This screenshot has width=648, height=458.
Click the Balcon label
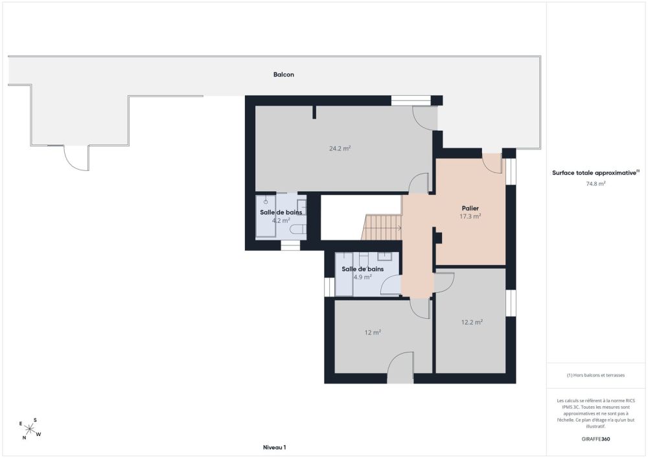(x=284, y=74)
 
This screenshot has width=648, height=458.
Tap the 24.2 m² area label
(x=340, y=148)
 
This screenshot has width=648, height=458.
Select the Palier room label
(x=470, y=209)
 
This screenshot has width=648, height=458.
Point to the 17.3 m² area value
(x=470, y=216)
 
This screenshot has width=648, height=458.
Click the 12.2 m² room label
(x=472, y=322)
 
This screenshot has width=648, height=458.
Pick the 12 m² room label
(x=373, y=332)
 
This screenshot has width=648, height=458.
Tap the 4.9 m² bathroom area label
(x=362, y=277)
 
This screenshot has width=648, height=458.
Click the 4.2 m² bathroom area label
(x=281, y=220)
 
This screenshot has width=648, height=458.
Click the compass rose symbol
(x=30, y=428)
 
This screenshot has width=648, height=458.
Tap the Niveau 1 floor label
(x=274, y=447)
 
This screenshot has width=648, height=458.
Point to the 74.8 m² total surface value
(x=596, y=184)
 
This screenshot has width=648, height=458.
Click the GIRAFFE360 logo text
(x=596, y=439)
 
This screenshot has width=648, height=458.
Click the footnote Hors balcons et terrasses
(x=596, y=375)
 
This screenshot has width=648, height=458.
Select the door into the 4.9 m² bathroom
(x=391, y=285)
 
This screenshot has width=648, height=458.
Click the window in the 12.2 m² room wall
(x=511, y=304)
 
